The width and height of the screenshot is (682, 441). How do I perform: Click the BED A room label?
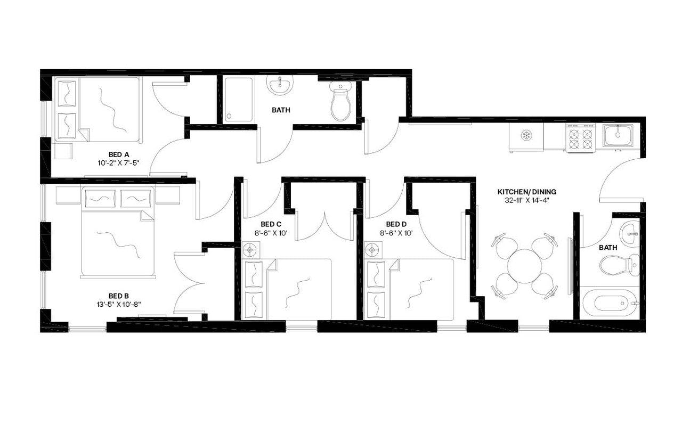pos(116,154)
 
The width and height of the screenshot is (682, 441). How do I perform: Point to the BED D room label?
pos(396,224)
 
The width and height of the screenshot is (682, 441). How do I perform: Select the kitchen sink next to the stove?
pos(618,135)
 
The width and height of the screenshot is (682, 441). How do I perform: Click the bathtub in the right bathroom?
pos(609,303)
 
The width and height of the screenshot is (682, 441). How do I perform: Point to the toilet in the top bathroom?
pos(340,101)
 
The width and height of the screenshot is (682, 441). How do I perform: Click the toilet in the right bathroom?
pos(618,265)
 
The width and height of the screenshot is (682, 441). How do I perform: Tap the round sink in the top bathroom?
pos(280,85)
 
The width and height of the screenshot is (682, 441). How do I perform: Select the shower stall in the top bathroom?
pos(238,100)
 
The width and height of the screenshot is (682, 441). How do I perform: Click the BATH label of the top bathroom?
pos(281,111)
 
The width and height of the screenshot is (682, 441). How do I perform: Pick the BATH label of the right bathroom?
pos(608,248)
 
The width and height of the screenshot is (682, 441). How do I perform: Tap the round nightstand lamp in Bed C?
pos(249,249)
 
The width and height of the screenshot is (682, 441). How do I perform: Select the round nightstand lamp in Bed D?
pos(373,249)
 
